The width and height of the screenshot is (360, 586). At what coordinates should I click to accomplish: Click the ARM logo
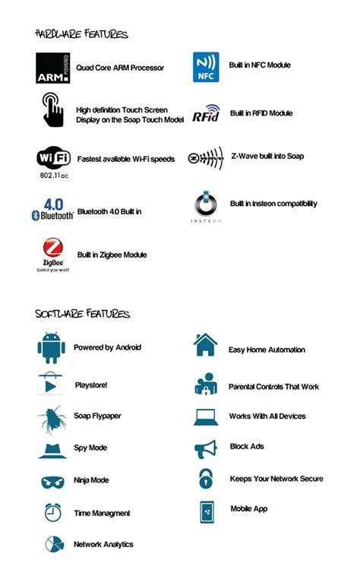pyautogui.click(x=53, y=68)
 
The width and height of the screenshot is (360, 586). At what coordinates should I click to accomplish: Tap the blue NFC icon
pyautogui.click(x=206, y=67)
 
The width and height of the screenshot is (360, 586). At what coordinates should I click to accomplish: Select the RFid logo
pyautogui.click(x=206, y=113)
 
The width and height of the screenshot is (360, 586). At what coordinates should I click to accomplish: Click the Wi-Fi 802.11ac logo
pyautogui.click(x=54, y=161)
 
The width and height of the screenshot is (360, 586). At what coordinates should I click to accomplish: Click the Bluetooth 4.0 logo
pyautogui.click(x=52, y=209)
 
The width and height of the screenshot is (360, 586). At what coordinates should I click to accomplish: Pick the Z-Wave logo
pyautogui.click(x=205, y=158)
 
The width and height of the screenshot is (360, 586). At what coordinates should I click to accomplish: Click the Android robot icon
pyautogui.click(x=52, y=348)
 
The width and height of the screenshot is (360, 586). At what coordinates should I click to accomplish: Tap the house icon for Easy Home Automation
pyautogui.click(x=205, y=346)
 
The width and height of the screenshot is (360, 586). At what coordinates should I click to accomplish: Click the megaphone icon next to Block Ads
pyautogui.click(x=206, y=449)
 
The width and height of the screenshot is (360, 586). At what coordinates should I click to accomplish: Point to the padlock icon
pyautogui.click(x=206, y=479)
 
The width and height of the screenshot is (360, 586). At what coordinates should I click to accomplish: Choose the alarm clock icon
pyautogui.click(x=52, y=512)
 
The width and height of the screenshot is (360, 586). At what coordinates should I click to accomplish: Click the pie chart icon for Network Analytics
pyautogui.click(x=53, y=544)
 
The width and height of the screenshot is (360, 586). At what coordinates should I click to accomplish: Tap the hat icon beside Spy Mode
pyautogui.click(x=52, y=448)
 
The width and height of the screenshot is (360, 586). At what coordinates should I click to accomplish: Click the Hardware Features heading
pyautogui.click(x=81, y=34)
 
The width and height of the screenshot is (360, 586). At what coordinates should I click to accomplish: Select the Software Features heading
pyautogui.click(x=82, y=314)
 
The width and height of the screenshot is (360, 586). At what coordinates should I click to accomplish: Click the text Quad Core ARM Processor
pyautogui.click(x=120, y=68)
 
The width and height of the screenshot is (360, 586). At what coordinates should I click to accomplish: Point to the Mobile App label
pyautogui.click(x=248, y=508)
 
